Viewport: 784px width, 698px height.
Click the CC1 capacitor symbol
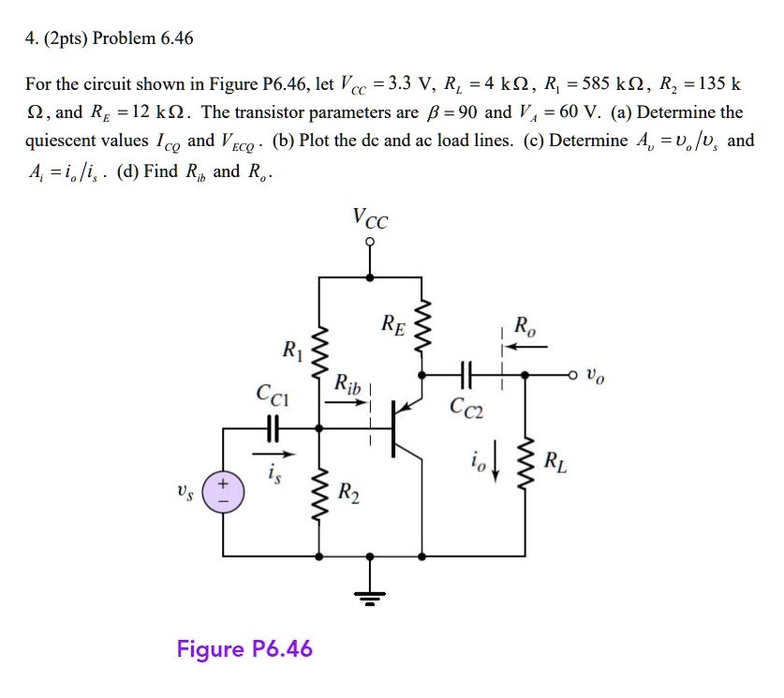tap(273, 427)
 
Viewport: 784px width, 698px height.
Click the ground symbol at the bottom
tap(371, 596)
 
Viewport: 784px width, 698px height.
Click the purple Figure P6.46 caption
tap(244, 648)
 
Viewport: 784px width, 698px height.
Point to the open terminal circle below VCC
tap(371, 242)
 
